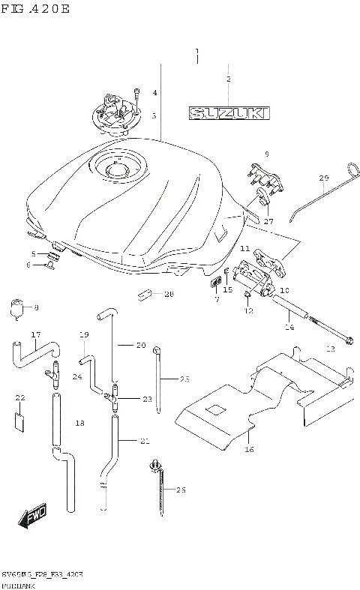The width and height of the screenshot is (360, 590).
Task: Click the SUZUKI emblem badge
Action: (229, 113)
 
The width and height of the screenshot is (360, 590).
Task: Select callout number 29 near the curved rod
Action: (324, 178)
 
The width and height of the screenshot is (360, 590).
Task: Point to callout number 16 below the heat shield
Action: (249, 450)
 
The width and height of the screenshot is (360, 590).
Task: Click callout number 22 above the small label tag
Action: (20, 397)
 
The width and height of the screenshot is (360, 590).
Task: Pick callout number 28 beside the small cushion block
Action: (169, 295)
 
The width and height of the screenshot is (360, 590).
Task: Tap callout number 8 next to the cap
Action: (36, 307)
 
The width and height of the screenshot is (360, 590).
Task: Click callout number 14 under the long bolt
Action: (289, 328)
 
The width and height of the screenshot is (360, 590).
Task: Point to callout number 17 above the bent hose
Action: (35, 334)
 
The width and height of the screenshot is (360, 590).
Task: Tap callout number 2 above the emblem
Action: (229, 78)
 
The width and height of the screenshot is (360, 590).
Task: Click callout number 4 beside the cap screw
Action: (154, 93)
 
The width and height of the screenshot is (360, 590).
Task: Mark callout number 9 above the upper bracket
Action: (265, 154)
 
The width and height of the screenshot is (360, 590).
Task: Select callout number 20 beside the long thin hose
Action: (140, 346)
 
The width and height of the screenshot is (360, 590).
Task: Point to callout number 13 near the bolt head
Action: (330, 349)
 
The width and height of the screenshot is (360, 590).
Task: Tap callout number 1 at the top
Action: (197, 52)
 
